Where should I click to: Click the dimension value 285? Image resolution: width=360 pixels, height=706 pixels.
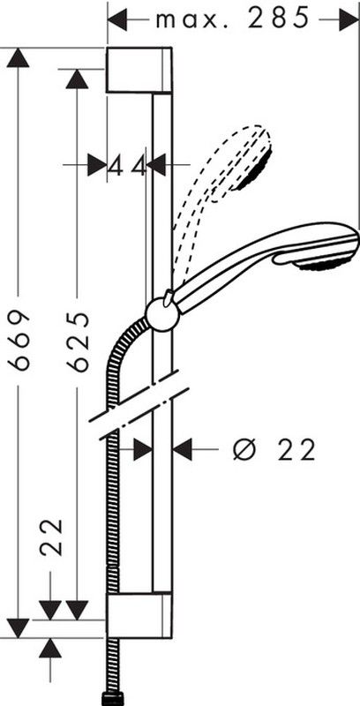279,19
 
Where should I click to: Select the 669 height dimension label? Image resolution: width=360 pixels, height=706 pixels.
19,340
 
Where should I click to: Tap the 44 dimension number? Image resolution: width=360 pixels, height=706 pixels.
128,166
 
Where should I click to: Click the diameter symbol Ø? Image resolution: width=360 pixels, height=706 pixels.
244,449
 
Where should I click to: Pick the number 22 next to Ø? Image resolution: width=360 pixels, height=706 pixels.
296,450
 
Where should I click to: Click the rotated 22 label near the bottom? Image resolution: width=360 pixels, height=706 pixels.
50,537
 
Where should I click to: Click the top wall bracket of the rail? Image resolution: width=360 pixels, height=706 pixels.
139,71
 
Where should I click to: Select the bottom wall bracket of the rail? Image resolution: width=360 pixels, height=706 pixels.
139,615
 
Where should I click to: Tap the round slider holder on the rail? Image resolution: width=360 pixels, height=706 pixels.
162,314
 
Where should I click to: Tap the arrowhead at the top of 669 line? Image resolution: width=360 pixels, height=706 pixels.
18,57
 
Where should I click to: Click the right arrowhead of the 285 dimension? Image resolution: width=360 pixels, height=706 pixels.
349,19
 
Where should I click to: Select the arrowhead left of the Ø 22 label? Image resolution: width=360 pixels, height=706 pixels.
184,450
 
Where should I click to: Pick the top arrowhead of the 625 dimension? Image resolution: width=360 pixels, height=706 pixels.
77,79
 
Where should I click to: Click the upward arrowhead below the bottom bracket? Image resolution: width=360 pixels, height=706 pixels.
50,649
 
